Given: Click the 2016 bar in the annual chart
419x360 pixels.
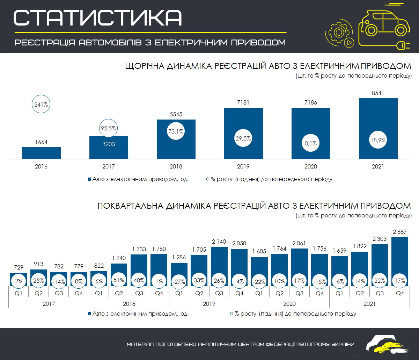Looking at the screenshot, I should (x=41, y=153).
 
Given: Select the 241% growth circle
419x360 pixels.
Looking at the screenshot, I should (x=41, y=104).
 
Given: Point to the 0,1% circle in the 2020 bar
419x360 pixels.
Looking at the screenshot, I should (x=311, y=143).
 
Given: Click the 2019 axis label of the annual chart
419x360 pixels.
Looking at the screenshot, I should (x=243, y=167).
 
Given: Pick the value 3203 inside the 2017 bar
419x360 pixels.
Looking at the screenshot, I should (x=109, y=144).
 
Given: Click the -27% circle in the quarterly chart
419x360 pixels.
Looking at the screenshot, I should (x=179, y=281).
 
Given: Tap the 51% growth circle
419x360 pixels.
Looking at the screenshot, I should (x=119, y=281).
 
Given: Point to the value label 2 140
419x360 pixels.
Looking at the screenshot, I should (x=219, y=241).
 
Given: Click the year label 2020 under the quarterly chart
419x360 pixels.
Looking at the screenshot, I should (x=289, y=304).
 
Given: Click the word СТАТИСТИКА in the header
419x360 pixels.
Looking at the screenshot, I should (x=98, y=17).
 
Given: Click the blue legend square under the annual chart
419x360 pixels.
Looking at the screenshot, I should (x=89, y=179).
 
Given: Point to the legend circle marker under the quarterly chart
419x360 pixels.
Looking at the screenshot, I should (x=231, y=314).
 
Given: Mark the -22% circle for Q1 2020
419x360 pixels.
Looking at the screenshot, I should (x=259, y=281).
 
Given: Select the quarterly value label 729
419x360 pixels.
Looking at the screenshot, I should (x=19, y=267).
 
